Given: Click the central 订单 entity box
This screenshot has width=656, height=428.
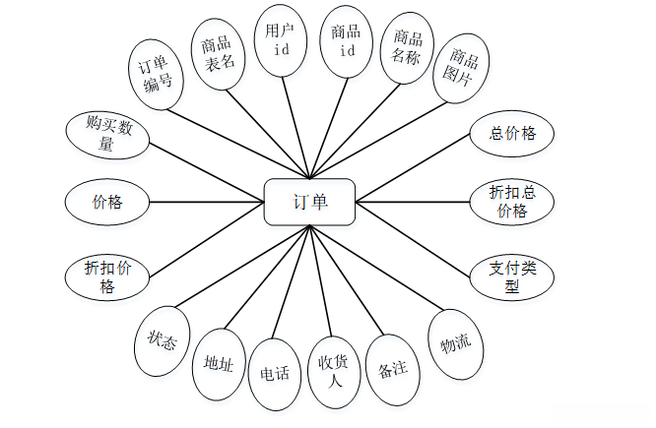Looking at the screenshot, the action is click(x=310, y=202).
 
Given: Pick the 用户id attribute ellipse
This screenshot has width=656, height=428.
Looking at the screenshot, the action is click(x=281, y=39).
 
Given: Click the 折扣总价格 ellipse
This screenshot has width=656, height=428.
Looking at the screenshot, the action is click(x=512, y=200).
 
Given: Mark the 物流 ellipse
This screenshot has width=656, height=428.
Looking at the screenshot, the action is click(x=456, y=342).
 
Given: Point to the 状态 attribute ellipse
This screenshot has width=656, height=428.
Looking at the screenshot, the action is click(x=162, y=340).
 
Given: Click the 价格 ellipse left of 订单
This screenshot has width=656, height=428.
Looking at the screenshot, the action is click(x=107, y=202).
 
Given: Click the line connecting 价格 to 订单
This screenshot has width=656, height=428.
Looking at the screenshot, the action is click(x=207, y=202).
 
